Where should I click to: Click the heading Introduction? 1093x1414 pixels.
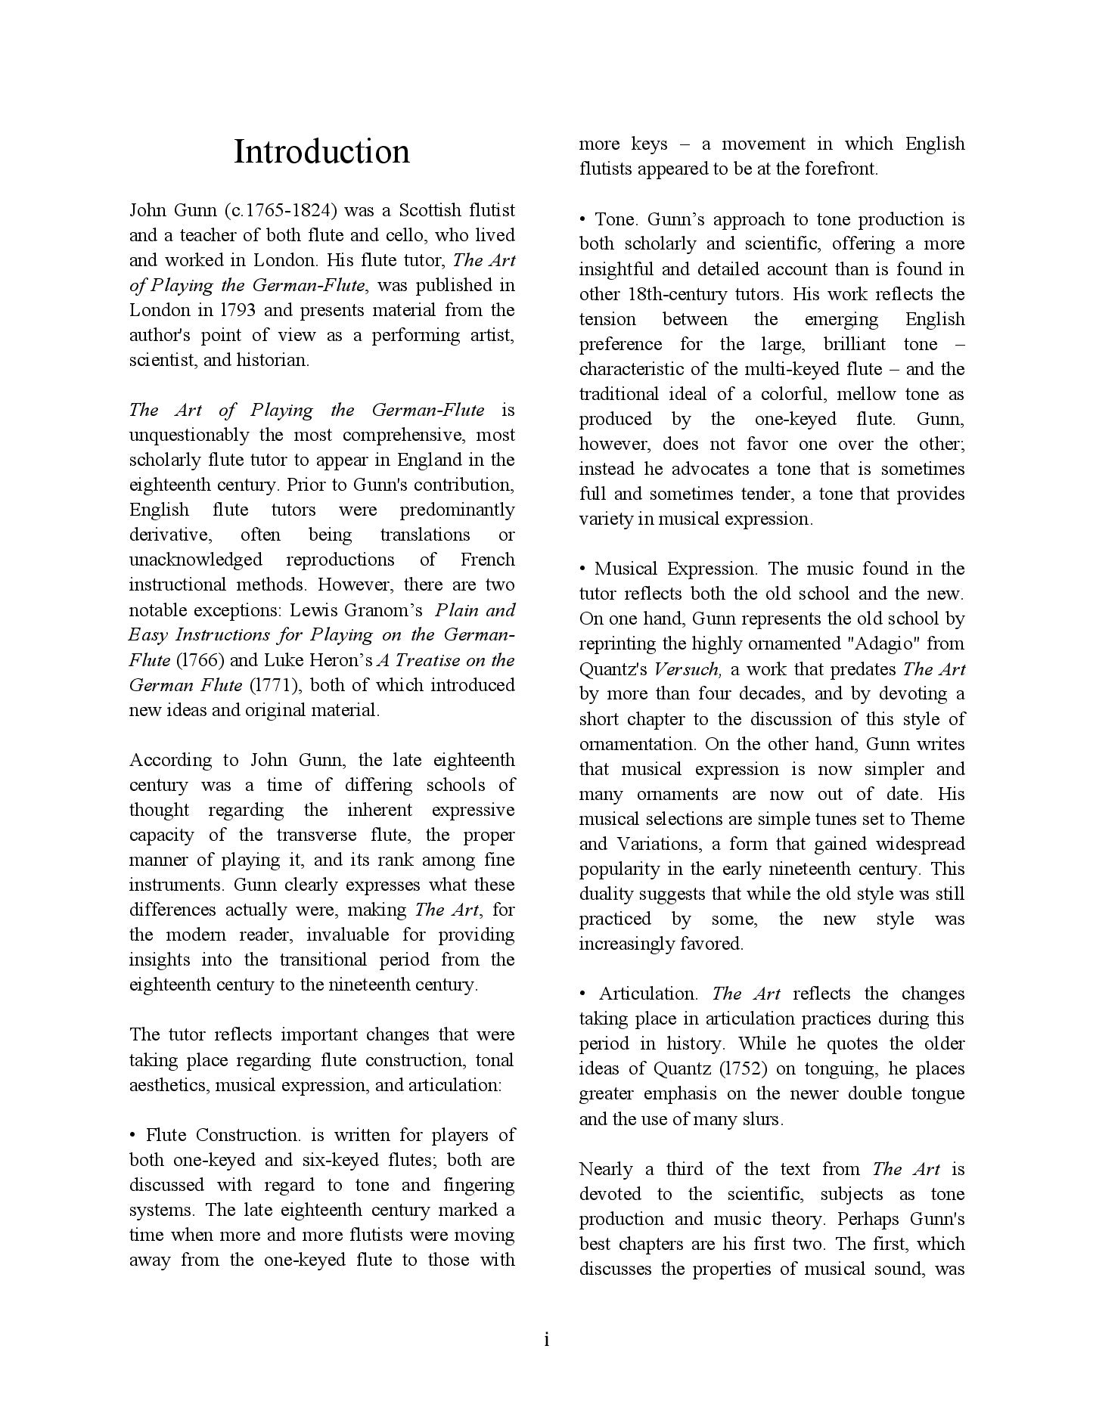point(321,151)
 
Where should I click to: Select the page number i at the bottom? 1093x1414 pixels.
point(546,1340)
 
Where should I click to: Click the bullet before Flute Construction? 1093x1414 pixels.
point(133,1135)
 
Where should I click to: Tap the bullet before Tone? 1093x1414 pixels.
point(583,219)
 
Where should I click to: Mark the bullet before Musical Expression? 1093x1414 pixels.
point(583,569)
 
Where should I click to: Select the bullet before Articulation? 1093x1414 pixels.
point(583,994)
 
